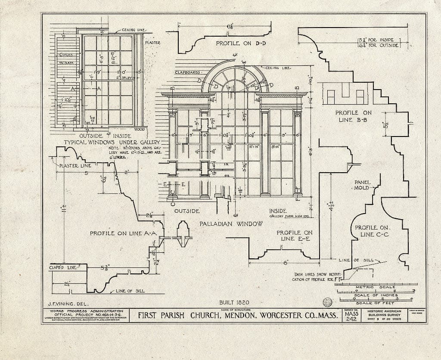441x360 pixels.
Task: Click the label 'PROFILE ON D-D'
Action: pyautogui.click(x=237, y=44)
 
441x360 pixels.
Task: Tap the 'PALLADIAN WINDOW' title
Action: pyautogui.click(x=231, y=224)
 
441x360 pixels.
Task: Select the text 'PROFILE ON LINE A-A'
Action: pyautogui.click(x=124, y=233)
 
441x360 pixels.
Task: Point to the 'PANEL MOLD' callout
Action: pyautogui.click(x=362, y=185)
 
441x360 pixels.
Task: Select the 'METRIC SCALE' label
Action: pyautogui.click(x=376, y=287)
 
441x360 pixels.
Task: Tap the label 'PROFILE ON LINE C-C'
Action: pyautogui.click(x=372, y=231)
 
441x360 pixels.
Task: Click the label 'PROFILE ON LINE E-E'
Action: pyautogui.click(x=295, y=236)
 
